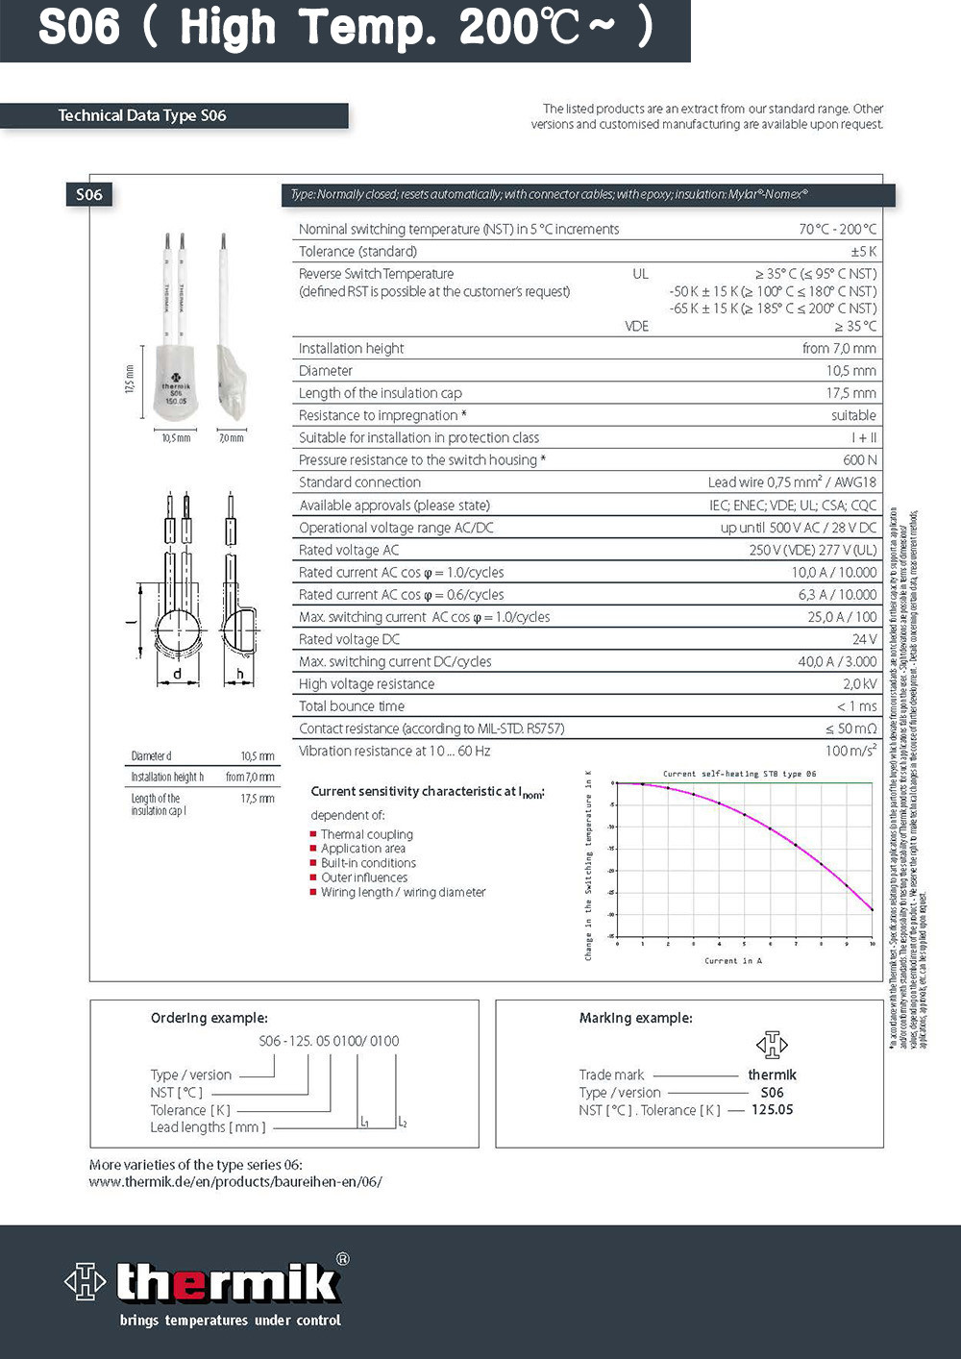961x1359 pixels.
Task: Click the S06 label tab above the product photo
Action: pos(89,194)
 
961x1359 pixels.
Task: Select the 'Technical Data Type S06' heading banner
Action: pos(142,115)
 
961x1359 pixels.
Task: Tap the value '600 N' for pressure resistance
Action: pos(859,460)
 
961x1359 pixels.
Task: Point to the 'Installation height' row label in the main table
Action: pos(351,349)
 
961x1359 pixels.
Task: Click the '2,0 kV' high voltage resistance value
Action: pos(859,684)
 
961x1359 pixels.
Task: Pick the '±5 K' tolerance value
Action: pos(863,252)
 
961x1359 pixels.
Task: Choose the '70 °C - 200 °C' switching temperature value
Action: pos(837,229)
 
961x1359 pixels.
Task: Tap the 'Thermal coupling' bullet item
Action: pos(366,834)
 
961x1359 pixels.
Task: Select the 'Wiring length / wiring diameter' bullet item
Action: pos(403,892)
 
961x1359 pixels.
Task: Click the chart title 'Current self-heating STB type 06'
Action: pos(739,774)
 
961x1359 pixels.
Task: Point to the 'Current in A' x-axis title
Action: pos(732,960)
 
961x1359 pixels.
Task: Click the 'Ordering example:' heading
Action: pos(209,1018)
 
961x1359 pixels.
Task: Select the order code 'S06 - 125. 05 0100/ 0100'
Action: pos(329,1041)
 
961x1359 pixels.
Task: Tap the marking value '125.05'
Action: pos(772,1109)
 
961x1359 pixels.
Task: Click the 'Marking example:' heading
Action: pos(635,1018)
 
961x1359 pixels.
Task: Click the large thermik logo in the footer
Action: pos(207,1282)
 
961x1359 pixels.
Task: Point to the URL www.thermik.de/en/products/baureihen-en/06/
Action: pos(235,1182)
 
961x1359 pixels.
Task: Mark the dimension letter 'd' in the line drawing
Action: pos(177,674)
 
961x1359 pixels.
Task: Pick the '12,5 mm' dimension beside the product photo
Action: pos(130,378)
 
